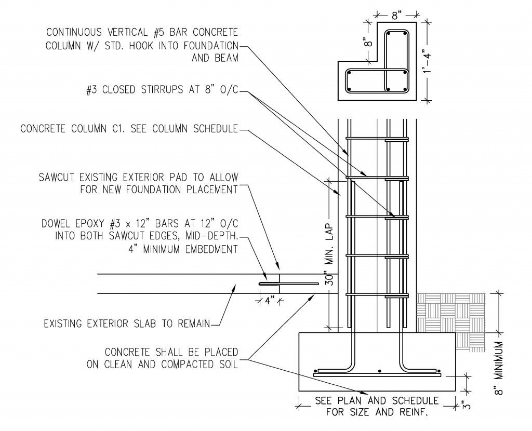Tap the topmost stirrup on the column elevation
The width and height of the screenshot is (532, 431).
(378, 138)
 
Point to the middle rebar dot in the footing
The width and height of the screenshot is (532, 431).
(380, 371)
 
